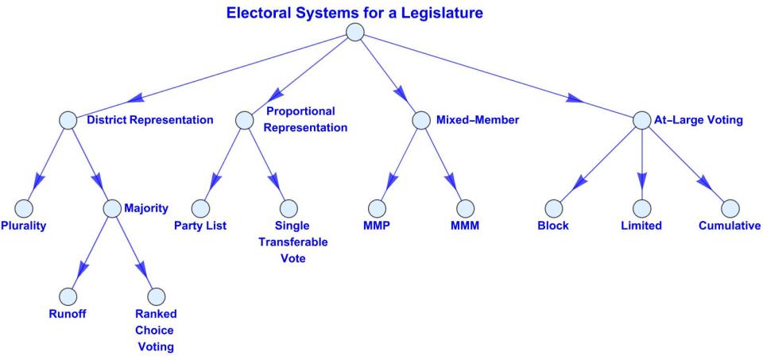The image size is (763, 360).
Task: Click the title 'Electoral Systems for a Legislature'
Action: click(354, 13)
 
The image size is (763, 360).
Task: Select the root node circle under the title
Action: click(354, 33)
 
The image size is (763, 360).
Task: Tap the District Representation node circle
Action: click(68, 121)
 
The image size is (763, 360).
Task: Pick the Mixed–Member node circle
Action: click(421, 121)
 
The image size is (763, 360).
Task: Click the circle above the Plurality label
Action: click(23, 208)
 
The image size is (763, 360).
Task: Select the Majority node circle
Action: click(112, 208)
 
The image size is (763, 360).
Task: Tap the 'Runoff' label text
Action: click(67, 313)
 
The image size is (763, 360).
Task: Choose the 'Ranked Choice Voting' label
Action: click(155, 330)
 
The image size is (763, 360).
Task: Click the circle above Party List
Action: click(200, 208)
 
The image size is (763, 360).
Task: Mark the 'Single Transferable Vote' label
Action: click(289, 242)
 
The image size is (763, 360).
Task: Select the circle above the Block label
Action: click(553, 208)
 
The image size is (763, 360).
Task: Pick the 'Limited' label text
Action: click(641, 226)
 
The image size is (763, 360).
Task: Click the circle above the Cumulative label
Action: click(730, 208)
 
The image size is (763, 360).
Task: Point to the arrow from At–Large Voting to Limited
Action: click(642, 167)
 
